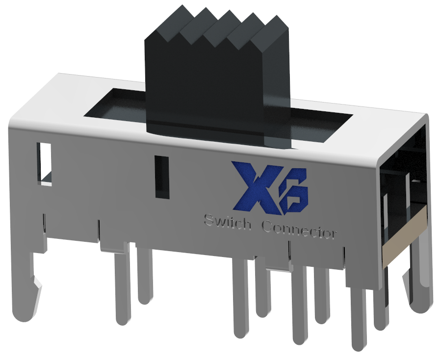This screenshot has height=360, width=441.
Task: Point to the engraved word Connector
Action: point(299,229)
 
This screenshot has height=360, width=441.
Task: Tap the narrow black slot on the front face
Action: point(162,177)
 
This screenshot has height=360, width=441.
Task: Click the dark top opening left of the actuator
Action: point(115,105)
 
